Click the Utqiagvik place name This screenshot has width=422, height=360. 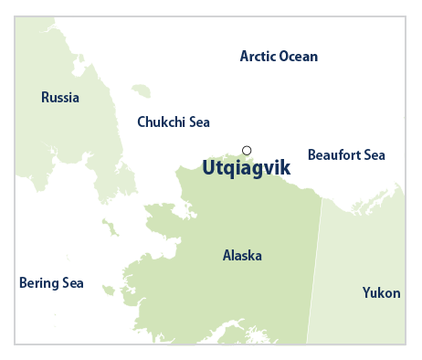coord(245,167)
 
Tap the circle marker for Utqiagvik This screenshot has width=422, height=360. coord(246,151)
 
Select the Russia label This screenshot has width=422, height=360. coord(60,98)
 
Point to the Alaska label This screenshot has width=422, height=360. coord(242,256)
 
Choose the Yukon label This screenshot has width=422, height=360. coord(381,292)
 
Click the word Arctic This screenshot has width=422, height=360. coord(257,57)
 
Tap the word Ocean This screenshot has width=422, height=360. coord(298,57)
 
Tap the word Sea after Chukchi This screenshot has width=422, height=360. coord(200,122)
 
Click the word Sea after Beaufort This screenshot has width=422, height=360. coord(375,155)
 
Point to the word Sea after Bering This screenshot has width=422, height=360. coord(72,283)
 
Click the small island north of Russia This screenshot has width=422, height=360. coord(141,90)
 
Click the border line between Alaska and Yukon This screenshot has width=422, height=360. coord(315,274)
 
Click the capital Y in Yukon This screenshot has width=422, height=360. coord(366,292)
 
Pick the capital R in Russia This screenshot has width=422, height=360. coord(46,98)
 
